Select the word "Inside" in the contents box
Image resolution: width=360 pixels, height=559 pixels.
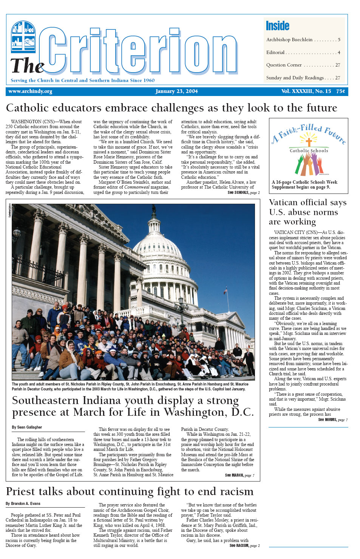tap(277, 26)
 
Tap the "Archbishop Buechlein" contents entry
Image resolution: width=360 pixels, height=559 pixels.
tap(289, 40)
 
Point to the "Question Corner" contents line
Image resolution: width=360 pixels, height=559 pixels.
tap(284, 65)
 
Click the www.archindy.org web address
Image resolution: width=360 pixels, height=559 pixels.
tap(30, 91)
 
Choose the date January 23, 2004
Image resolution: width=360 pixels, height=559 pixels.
tap(176, 91)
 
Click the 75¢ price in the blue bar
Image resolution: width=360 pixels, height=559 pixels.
tap(341, 91)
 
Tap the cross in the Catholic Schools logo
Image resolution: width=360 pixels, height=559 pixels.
tap(309, 142)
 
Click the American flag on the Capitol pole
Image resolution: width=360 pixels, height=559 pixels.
tap(226, 290)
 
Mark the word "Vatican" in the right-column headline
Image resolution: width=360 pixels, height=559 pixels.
tap(287, 203)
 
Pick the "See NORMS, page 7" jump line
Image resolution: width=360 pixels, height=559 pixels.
tap(332, 420)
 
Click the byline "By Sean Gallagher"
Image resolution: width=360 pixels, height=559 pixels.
tap(27, 427)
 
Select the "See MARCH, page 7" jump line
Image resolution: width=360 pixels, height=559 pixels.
tap(239, 475)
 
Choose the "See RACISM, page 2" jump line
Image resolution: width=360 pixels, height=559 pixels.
tap(244, 546)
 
